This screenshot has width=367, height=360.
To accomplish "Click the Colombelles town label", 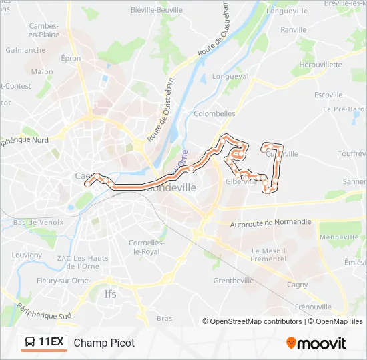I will pos(214,114).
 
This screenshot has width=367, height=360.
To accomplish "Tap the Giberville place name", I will pos(241,181).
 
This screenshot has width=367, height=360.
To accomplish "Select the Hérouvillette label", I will pos(320,65).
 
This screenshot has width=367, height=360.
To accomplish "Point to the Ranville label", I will pos(294,30).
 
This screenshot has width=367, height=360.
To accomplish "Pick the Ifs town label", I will pos(111,293).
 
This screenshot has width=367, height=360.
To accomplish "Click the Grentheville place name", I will pos(233,281).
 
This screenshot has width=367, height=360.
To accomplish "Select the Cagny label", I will pos(297,285).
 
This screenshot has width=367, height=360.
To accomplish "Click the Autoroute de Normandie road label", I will pos(270,223).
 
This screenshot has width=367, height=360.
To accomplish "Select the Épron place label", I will pos(71,59).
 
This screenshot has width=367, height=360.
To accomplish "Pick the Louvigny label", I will pos(27,255).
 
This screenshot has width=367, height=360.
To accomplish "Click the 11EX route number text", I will pos(51,343).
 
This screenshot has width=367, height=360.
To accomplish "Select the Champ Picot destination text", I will pos(104,343).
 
